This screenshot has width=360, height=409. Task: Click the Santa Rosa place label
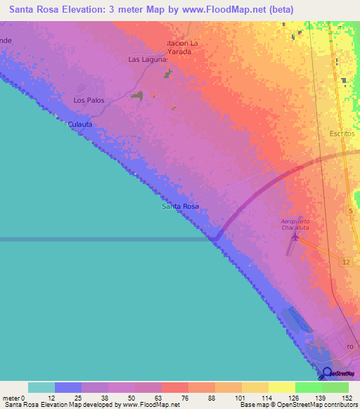tap(180, 207)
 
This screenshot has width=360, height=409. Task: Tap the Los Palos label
tap(89, 100)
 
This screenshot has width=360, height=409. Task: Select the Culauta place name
tap(80, 124)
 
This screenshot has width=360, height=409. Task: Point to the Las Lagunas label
tap(148, 60)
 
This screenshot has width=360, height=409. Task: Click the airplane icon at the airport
tap(295, 239)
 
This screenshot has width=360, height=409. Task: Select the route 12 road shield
tap(346, 262)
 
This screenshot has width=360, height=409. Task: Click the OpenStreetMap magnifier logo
tap(326, 373)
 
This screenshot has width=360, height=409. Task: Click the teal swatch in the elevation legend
tap(41, 387)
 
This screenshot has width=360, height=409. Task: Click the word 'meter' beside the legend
tap(11, 398)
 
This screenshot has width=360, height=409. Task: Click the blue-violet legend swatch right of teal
tap(68, 387)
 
